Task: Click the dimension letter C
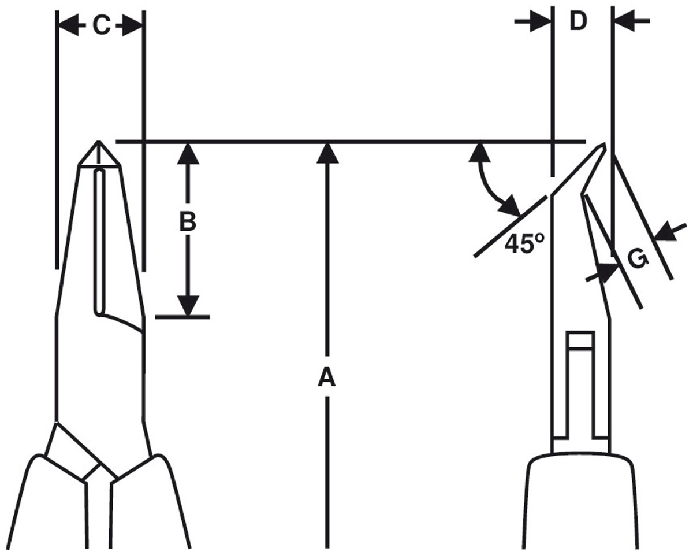(x=102, y=25)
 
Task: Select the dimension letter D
(x=578, y=21)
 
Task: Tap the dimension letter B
(x=188, y=223)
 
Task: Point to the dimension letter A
(x=327, y=378)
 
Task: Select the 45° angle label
(x=524, y=243)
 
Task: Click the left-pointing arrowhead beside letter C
(x=69, y=25)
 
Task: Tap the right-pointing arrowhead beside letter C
(x=133, y=25)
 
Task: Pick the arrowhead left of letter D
(x=541, y=21)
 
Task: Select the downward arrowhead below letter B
(x=188, y=305)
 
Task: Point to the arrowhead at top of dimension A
(x=327, y=153)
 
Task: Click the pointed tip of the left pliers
(x=99, y=141)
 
